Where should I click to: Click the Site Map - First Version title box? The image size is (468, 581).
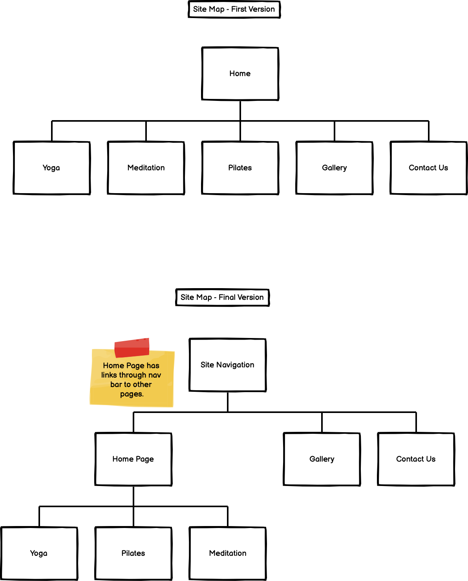(234, 9)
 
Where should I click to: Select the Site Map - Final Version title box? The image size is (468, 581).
(222, 297)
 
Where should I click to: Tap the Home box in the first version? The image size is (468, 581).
(240, 74)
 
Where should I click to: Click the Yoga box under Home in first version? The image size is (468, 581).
(51, 168)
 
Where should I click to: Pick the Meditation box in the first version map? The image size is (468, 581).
(146, 168)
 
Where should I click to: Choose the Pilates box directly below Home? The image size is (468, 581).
(240, 168)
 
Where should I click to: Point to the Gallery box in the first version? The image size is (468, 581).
(334, 168)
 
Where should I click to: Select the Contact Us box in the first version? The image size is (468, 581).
(428, 168)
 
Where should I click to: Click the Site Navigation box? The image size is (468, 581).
(227, 365)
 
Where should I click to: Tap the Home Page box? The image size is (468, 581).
(133, 459)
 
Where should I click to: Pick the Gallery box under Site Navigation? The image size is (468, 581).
(322, 459)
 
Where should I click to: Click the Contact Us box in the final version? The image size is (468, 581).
(416, 459)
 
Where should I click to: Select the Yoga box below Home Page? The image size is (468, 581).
(39, 553)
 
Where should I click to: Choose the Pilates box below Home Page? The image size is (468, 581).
(133, 553)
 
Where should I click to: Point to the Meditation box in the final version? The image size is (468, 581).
(228, 553)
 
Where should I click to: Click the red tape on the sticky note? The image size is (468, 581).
(132, 347)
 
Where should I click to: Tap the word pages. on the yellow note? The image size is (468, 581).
(132, 394)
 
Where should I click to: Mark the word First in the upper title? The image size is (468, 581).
(239, 9)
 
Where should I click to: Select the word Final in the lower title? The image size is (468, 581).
(227, 297)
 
